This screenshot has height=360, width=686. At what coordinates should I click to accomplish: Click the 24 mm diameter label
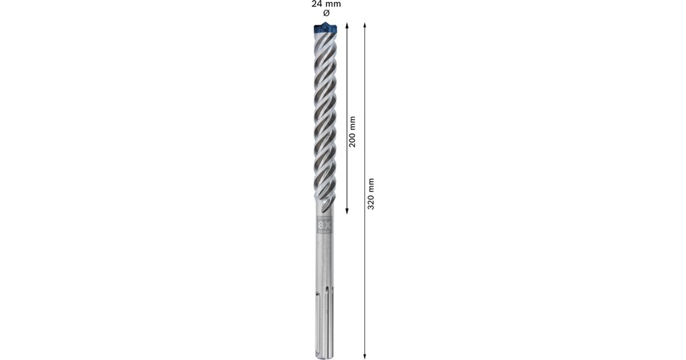pyautogui.click(x=325, y=3)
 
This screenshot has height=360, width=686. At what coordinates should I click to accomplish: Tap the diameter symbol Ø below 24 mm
pyautogui.click(x=326, y=13)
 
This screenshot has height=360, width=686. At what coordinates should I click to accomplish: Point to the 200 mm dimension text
pyautogui.click(x=353, y=131)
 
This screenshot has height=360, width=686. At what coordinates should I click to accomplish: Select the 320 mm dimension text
pyautogui.click(x=371, y=193)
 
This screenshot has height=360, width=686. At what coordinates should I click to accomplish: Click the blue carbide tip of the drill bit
pyautogui.click(x=326, y=28)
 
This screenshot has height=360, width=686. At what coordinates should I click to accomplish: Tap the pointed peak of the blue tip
pyautogui.click(x=326, y=23)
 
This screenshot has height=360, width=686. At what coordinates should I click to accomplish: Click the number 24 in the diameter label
pyautogui.click(x=316, y=3)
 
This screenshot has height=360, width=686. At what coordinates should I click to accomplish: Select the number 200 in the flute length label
pyautogui.click(x=353, y=139)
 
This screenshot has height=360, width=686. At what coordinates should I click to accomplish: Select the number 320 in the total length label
pyautogui.click(x=371, y=201)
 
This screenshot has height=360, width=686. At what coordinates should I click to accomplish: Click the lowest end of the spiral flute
pyautogui.click(x=326, y=207)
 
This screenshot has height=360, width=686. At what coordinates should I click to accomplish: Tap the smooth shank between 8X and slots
pyautogui.click(x=326, y=263)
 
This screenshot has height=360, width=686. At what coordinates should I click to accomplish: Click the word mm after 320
pyautogui.click(x=371, y=184)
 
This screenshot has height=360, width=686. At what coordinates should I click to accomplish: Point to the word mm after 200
pyautogui.click(x=353, y=122)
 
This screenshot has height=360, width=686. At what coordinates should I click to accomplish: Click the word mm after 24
pyautogui.click(x=332, y=3)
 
